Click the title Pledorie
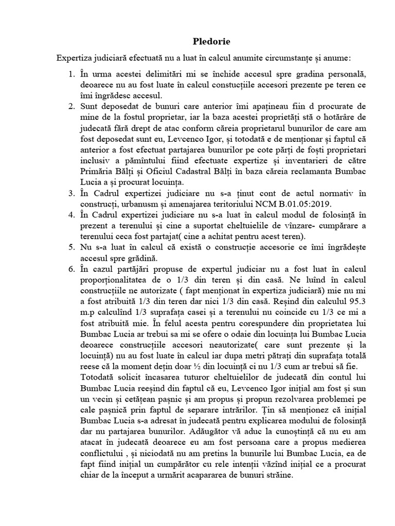(197, 41)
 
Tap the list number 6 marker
(71, 269)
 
